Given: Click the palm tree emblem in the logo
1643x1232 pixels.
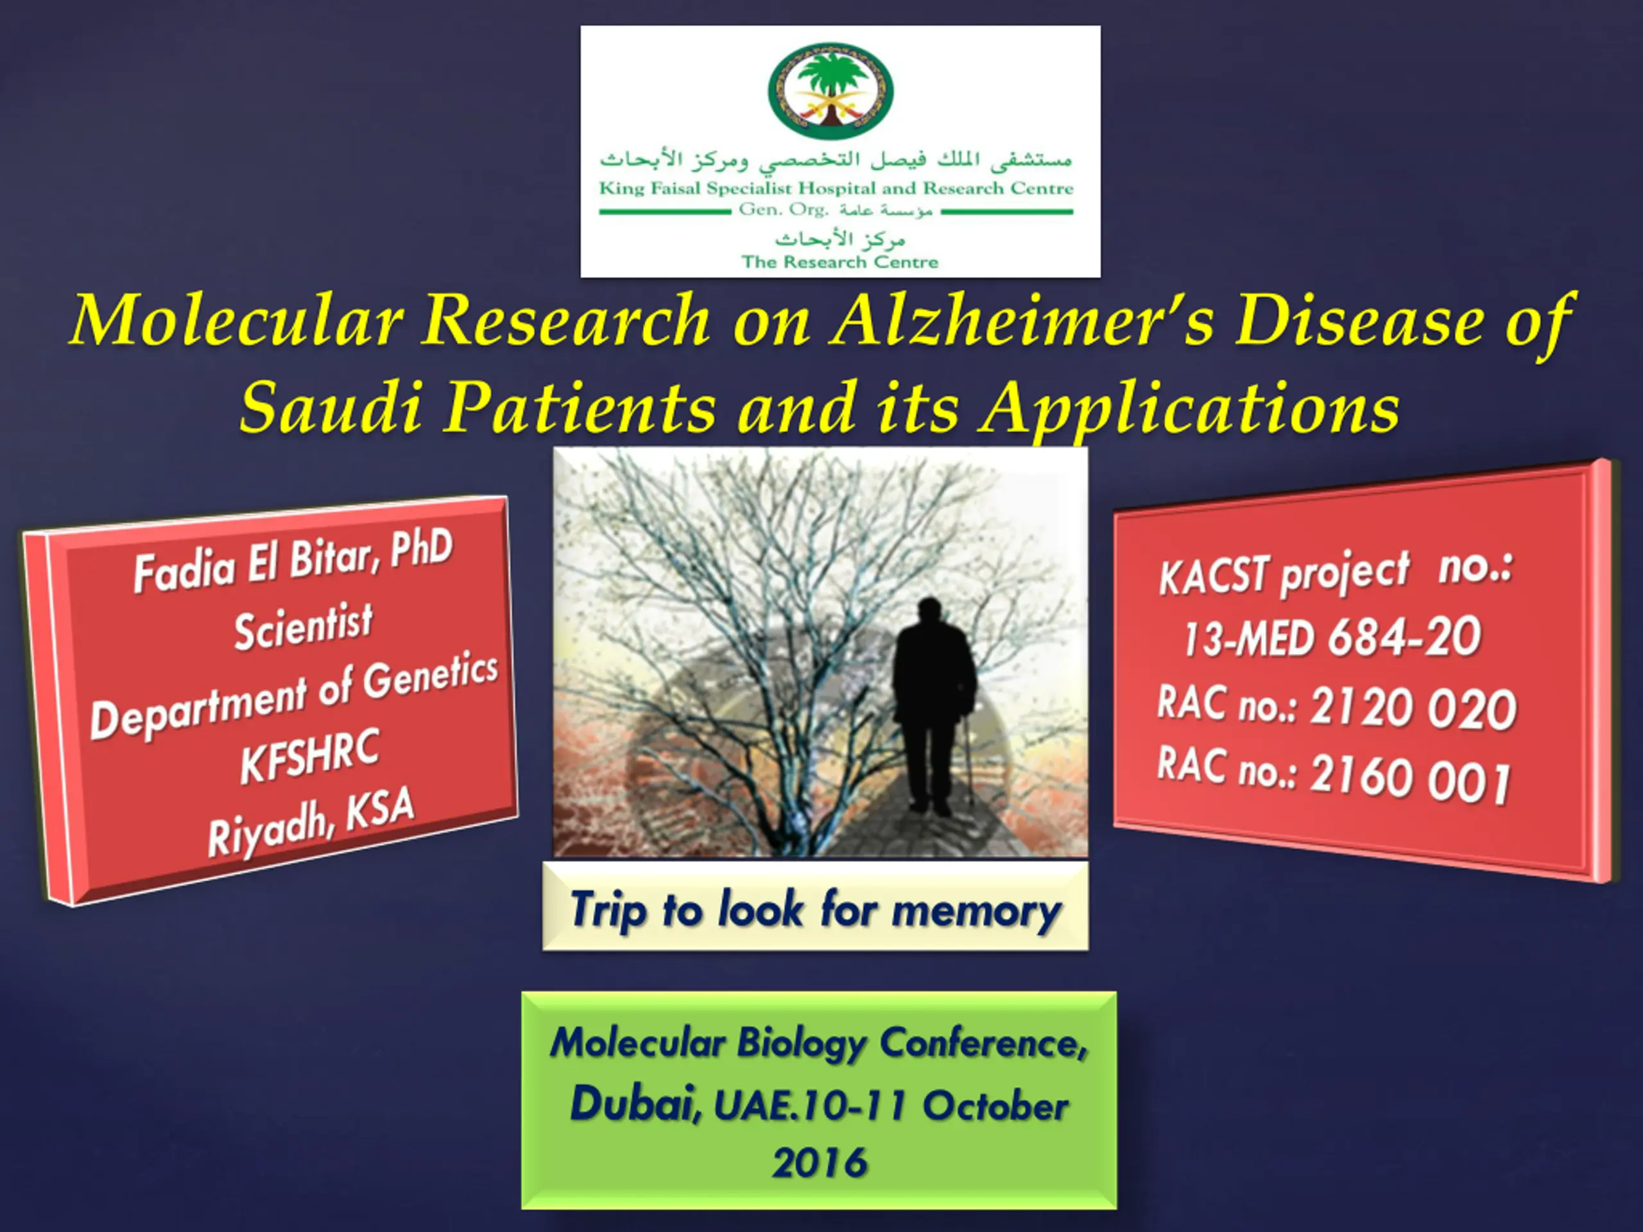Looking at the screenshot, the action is [830, 90].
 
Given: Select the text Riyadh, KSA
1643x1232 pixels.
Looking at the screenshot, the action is [311, 821].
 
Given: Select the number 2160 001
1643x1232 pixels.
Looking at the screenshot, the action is [1410, 778].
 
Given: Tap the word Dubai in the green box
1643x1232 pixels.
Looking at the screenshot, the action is [636, 1103].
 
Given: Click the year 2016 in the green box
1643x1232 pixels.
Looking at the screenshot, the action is [820, 1163].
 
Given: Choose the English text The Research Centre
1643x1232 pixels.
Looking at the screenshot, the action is [840, 262].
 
